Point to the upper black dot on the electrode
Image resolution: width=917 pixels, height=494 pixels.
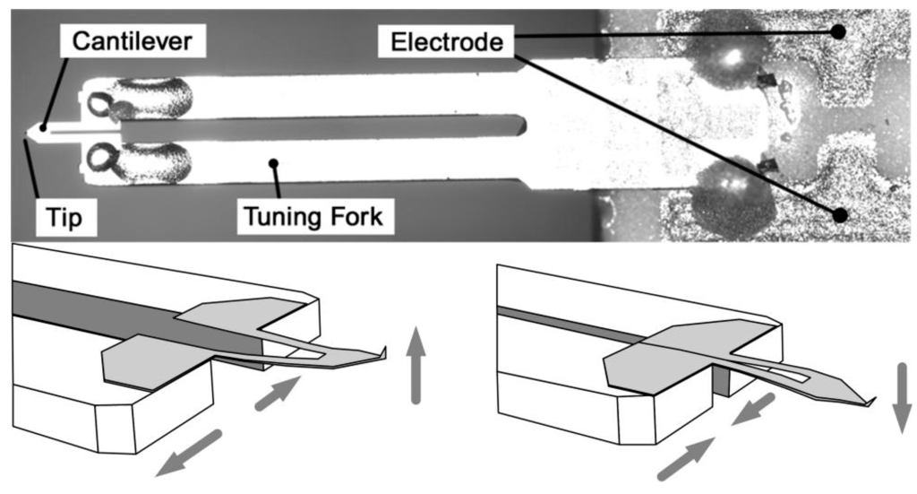[838, 31]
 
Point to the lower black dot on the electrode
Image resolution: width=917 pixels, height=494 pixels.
[838, 215]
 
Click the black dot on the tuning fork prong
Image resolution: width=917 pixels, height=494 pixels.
[274, 163]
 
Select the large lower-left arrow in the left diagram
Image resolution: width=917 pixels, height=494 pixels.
[187, 451]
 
